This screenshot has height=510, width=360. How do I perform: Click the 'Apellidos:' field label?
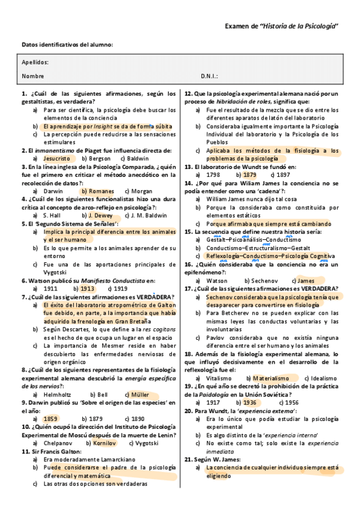point(35,63)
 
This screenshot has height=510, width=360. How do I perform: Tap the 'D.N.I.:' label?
point(209,76)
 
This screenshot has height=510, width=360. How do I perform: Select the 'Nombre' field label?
point(32,76)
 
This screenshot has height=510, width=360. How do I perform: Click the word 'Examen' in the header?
point(239,26)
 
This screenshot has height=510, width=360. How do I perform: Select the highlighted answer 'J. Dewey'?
point(100,215)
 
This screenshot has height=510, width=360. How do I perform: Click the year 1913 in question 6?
point(88,288)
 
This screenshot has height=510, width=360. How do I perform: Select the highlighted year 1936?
point(250,402)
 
